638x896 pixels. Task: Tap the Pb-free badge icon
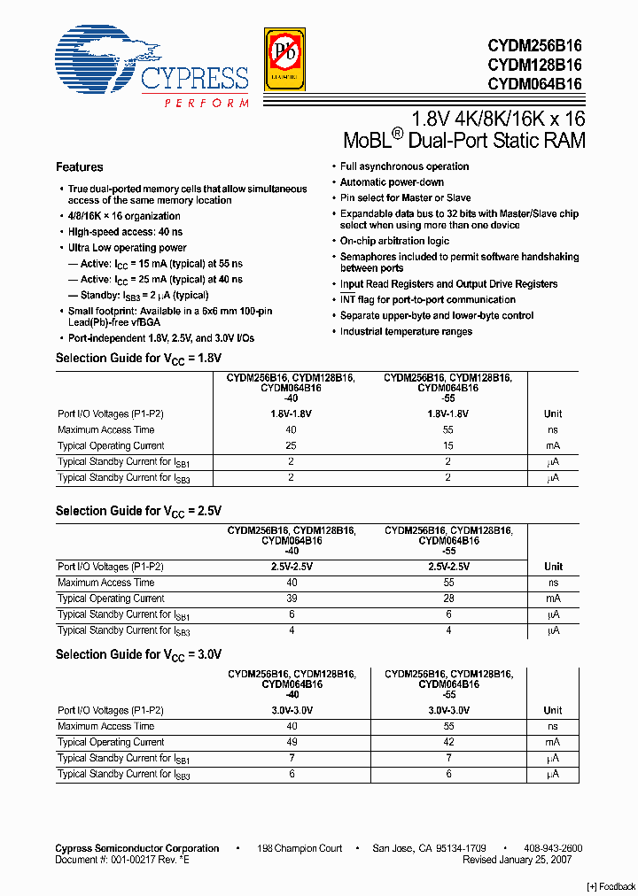[x=284, y=59]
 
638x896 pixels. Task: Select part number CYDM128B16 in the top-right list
[x=534, y=65]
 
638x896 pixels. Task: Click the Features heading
[x=79, y=167]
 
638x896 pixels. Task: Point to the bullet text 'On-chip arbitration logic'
[x=395, y=241]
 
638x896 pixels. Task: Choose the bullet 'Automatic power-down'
[x=393, y=182]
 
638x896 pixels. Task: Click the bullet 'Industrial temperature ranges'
[x=407, y=332]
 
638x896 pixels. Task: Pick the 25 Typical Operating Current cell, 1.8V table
[x=291, y=446]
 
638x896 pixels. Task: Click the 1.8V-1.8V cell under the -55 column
[x=448, y=414]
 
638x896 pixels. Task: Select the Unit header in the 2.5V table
[x=553, y=567]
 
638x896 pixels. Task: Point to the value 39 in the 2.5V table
[x=291, y=599]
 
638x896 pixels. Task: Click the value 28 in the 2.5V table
[x=448, y=599]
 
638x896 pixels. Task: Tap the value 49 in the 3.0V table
[x=291, y=742]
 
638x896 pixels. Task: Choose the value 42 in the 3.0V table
[x=448, y=742]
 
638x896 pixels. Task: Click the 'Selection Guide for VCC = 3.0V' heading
[x=138, y=654]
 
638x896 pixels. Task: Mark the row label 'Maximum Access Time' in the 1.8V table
[x=105, y=430]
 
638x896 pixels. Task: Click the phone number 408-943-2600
[x=552, y=848]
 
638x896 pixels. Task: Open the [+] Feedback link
[x=611, y=887]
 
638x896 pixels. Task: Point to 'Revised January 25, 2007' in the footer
[x=517, y=860]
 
